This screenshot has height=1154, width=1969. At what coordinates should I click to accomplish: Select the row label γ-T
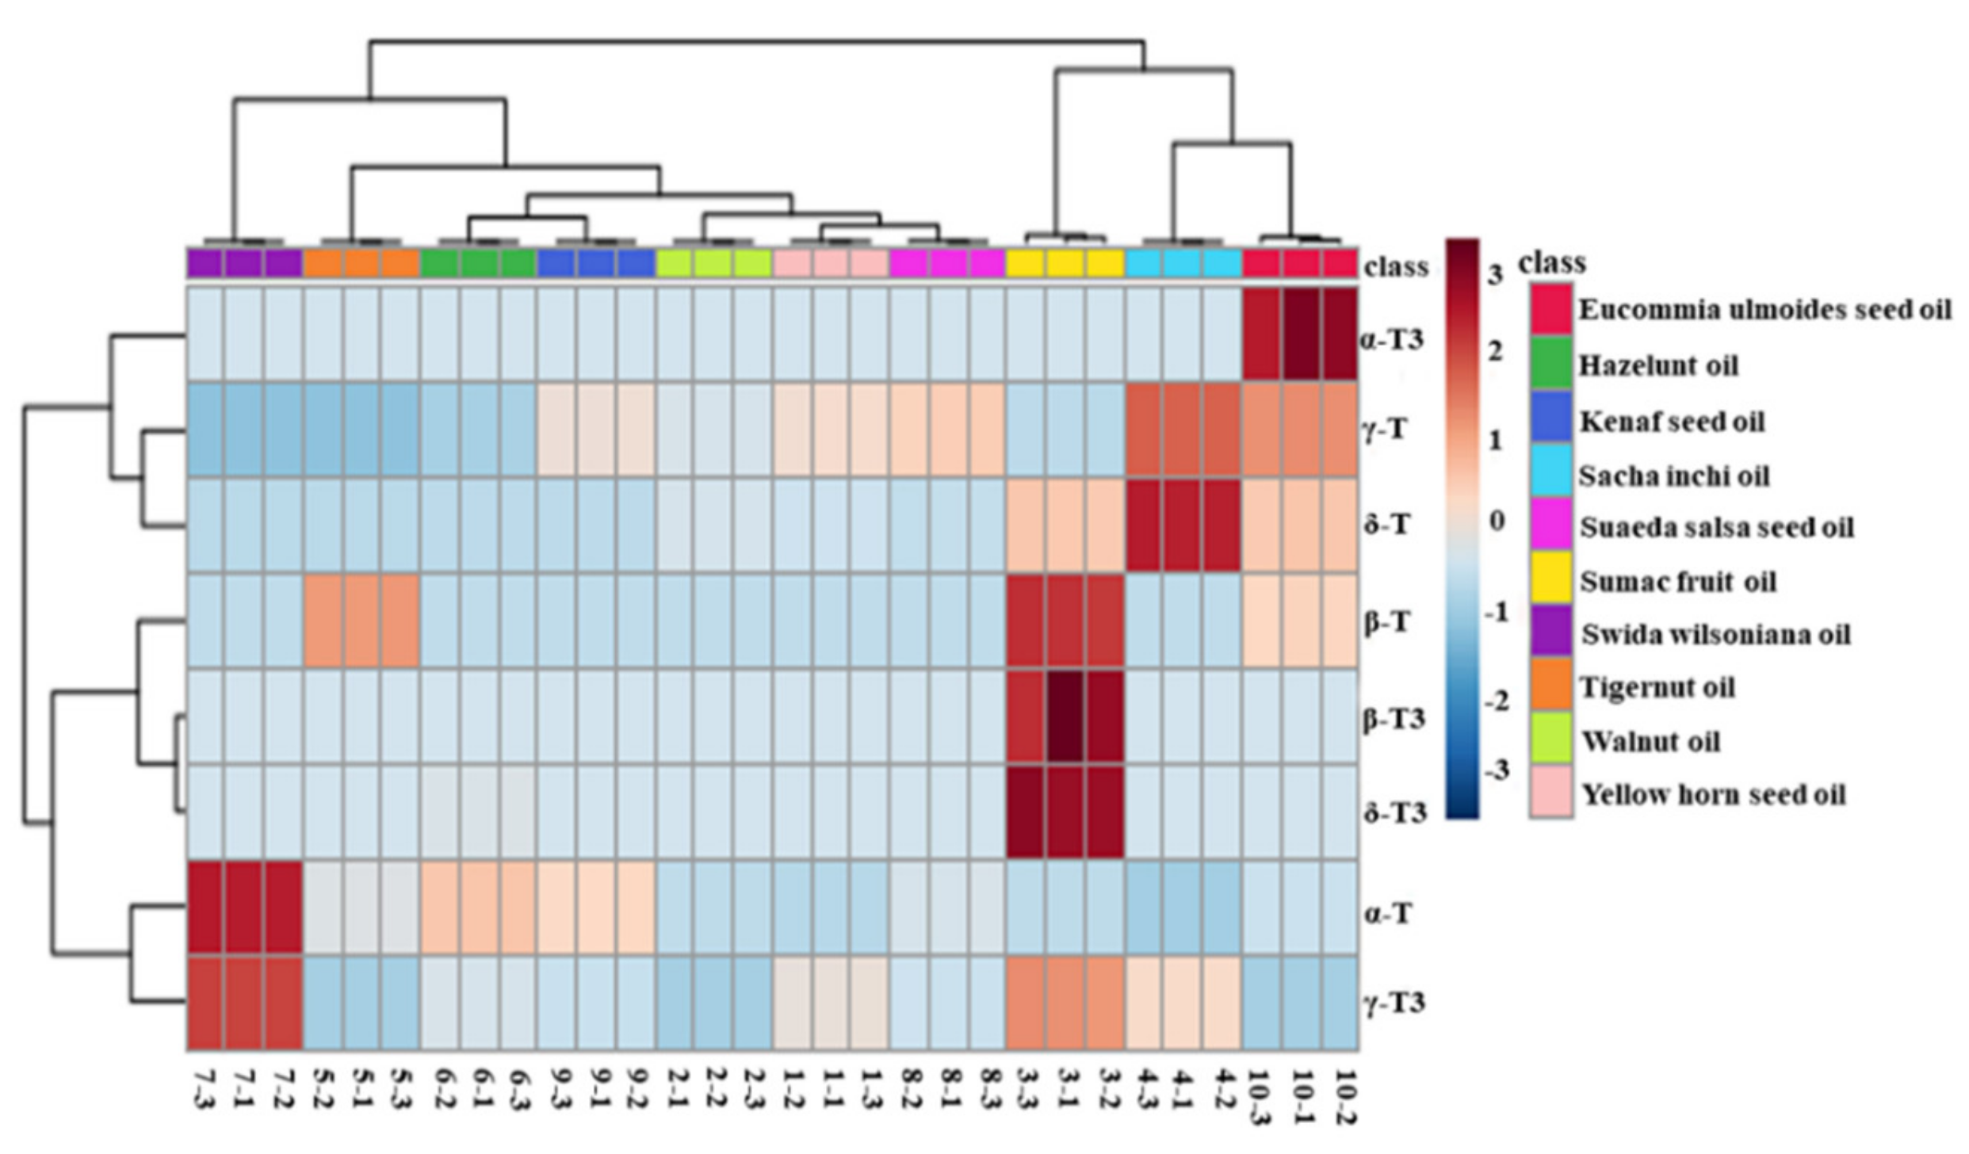[1386, 430]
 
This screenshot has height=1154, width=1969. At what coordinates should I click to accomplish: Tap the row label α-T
[1388, 914]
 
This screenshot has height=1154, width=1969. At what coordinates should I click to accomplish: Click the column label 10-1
[1302, 1097]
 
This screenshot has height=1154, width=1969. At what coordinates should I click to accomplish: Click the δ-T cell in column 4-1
[1183, 525]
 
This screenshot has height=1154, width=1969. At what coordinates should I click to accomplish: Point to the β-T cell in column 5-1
[362, 621]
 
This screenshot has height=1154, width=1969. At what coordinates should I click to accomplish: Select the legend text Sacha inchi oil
[1673, 476]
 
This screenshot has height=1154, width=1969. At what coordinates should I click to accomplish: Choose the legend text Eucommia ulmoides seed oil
[1764, 309]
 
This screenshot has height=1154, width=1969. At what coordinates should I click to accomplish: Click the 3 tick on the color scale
[1495, 276]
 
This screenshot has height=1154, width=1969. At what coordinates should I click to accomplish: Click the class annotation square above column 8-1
[948, 263]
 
